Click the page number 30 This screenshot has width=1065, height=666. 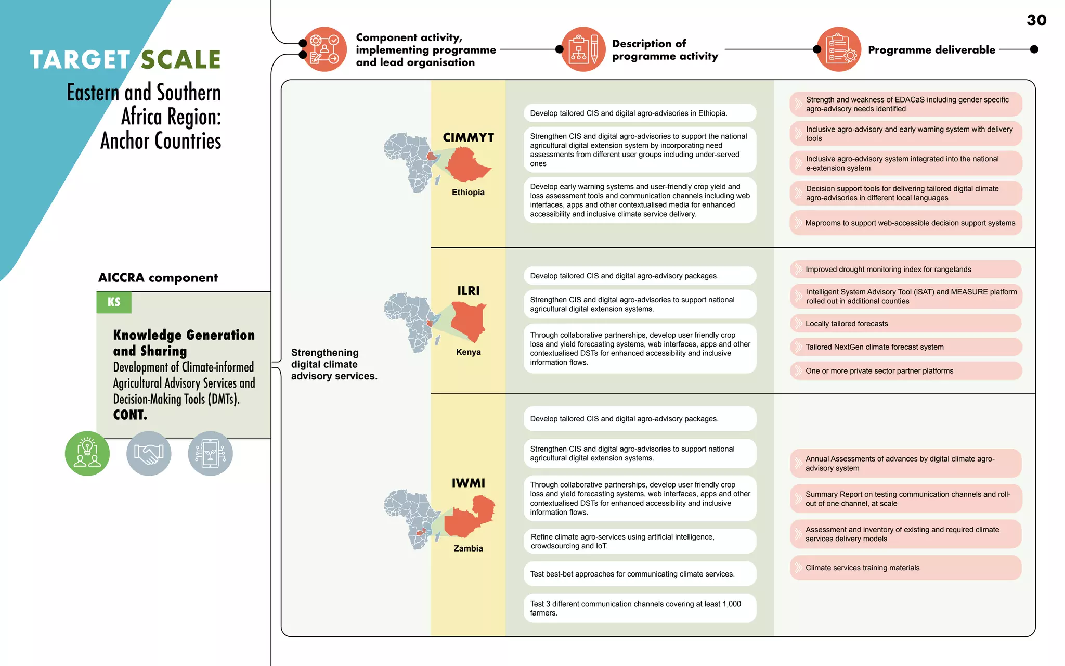1036,20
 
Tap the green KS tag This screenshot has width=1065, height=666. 114,302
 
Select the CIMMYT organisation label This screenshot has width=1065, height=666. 468,137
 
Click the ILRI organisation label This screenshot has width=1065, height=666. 468,291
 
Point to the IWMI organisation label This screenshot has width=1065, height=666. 468,483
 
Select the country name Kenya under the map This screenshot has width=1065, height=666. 468,352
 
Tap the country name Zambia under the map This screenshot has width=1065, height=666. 468,548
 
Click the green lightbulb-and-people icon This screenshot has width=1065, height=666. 87,453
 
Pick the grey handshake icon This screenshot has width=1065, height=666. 149,453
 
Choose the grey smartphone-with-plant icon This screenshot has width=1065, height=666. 210,453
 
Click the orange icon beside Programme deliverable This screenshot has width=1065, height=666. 839,49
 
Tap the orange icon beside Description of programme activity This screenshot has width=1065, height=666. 583,49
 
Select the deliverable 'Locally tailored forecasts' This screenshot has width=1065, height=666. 905,324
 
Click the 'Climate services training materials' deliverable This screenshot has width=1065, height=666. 905,568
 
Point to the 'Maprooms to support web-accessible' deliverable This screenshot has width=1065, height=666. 905,223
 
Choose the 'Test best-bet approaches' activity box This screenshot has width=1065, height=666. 640,574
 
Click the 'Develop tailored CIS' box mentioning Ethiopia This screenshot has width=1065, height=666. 640,113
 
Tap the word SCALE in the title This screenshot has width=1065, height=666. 181,60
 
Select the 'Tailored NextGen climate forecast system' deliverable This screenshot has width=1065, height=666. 905,347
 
